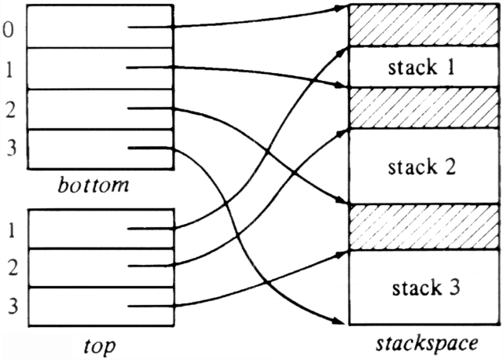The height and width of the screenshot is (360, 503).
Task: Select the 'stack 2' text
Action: coord(420,167)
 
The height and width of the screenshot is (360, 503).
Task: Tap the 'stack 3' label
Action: coord(420,286)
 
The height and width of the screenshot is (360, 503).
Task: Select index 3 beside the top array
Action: coord(10,305)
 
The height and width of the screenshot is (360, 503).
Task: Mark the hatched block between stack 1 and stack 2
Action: coord(420,107)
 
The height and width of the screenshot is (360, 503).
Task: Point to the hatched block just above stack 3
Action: coord(420,226)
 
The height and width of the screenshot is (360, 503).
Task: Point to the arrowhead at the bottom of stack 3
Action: coord(342,321)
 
